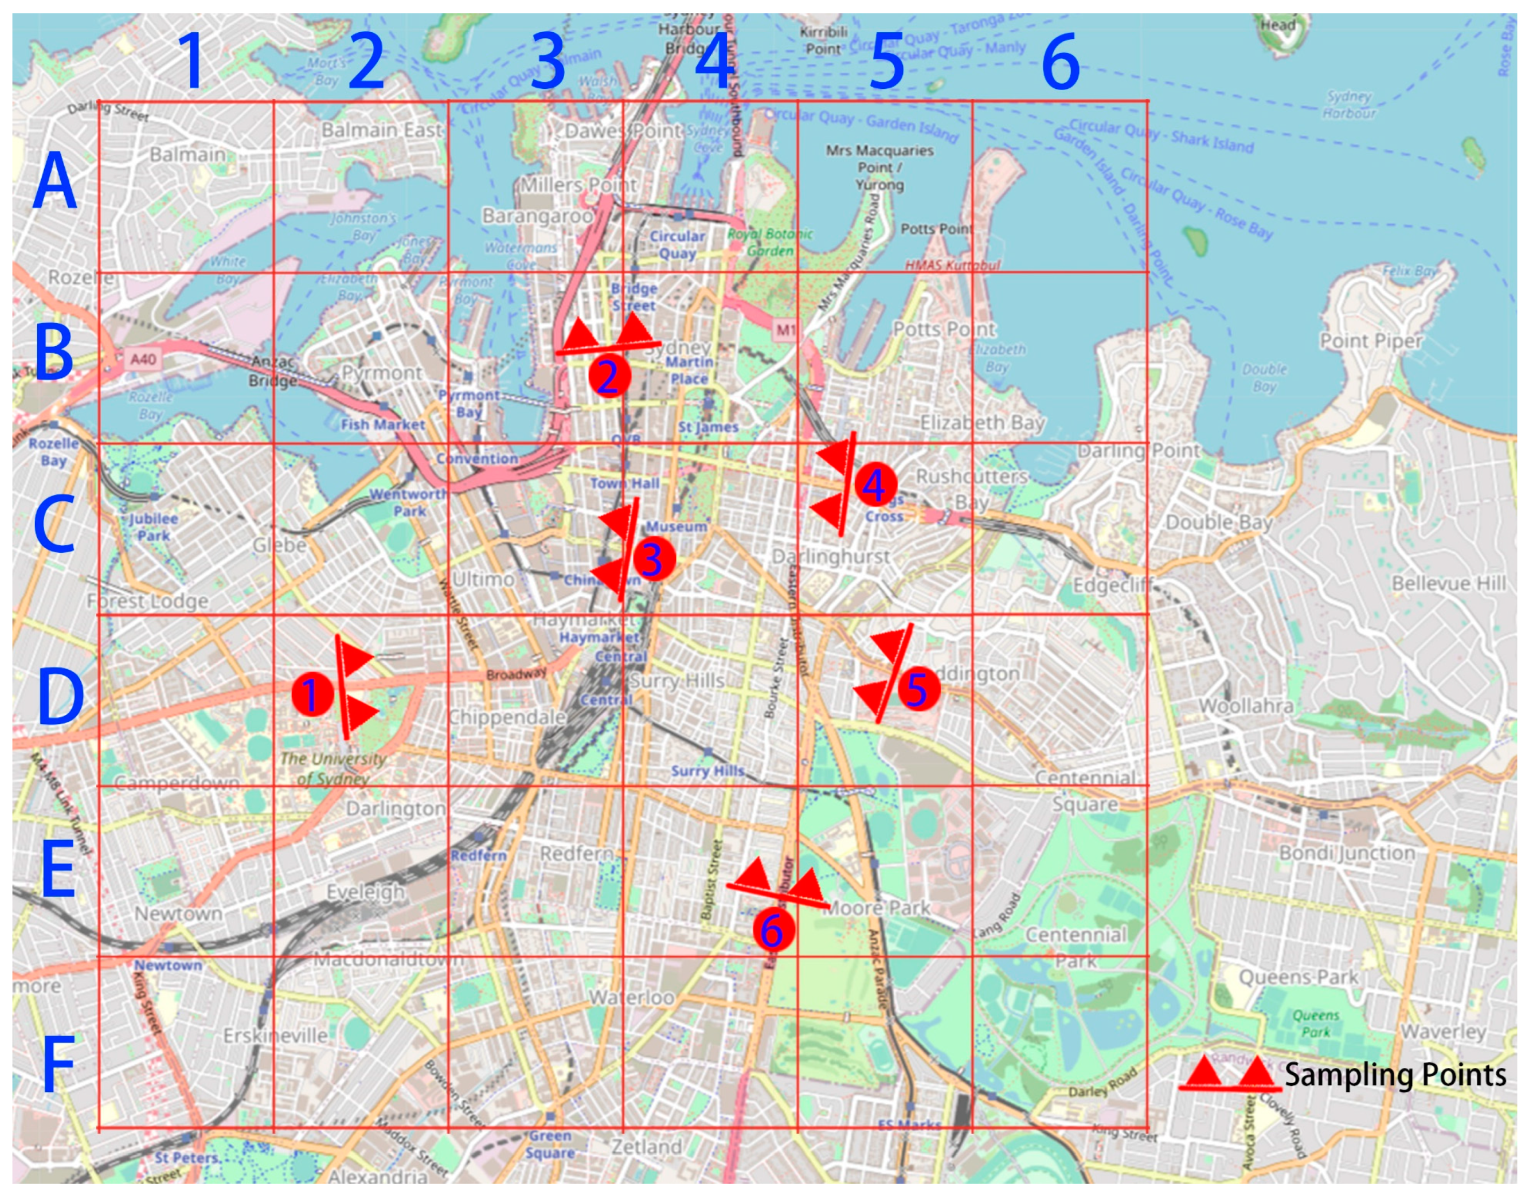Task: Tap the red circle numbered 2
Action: click(x=609, y=376)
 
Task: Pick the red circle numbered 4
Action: click(x=874, y=485)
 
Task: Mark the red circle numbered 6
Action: click(x=773, y=929)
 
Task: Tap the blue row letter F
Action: click(x=57, y=1065)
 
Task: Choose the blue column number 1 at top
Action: click(x=191, y=62)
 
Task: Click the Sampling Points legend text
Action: click(x=1395, y=1075)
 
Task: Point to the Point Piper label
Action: click(x=1370, y=341)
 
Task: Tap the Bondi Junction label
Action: click(x=1347, y=853)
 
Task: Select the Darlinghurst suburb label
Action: click(x=831, y=557)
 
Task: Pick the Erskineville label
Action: click(x=275, y=1036)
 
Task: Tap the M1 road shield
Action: click(x=786, y=329)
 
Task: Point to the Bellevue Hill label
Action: click(x=1448, y=583)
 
